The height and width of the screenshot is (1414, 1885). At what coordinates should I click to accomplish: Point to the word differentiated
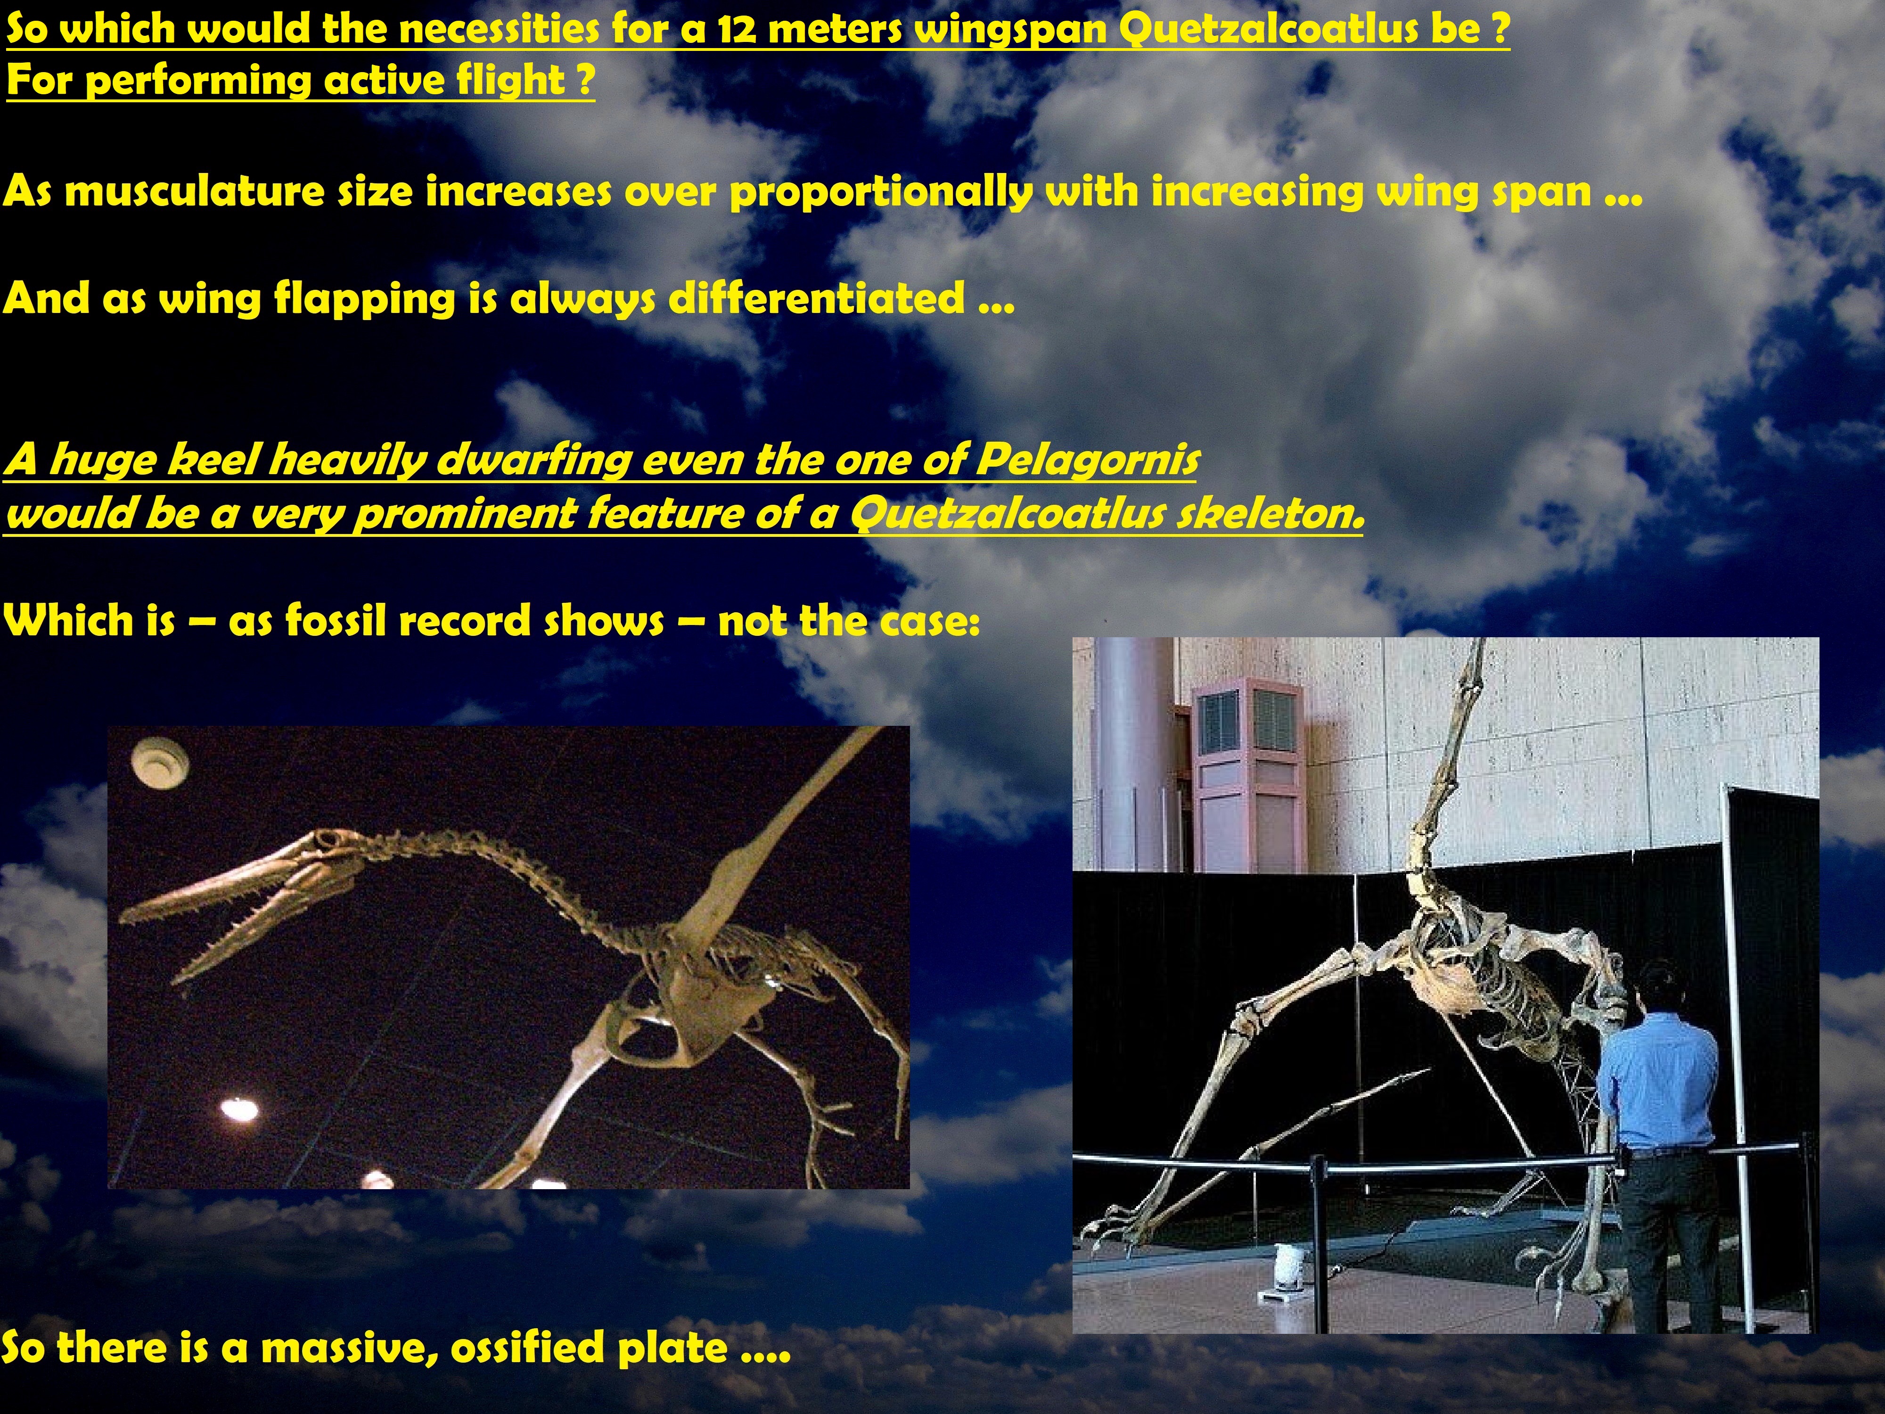816,298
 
